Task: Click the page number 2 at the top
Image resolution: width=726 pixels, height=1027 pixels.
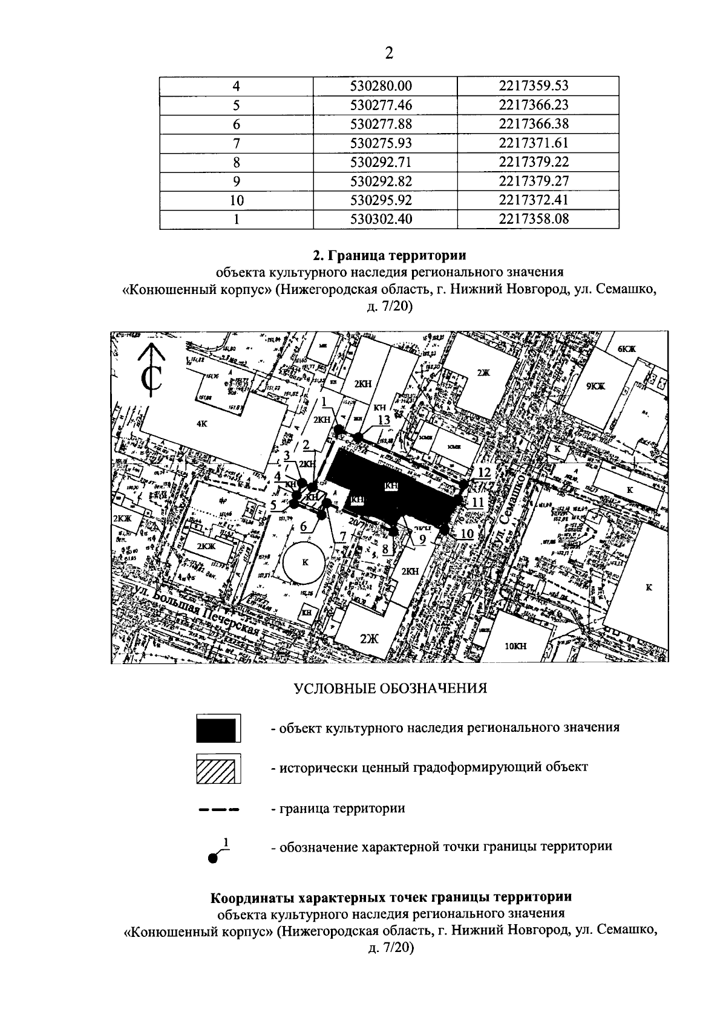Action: click(x=389, y=53)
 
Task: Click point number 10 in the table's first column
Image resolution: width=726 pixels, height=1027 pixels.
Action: click(x=237, y=200)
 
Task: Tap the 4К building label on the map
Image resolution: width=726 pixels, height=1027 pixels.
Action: click(x=202, y=424)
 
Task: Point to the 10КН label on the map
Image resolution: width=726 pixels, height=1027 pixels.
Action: click(x=515, y=646)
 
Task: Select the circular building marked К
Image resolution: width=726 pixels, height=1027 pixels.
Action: click(x=306, y=562)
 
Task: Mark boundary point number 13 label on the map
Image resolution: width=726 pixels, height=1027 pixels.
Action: click(x=383, y=420)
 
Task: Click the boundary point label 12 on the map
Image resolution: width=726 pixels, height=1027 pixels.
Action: click(x=483, y=472)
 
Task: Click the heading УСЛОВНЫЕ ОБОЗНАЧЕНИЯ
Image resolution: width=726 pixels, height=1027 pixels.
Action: click(x=390, y=689)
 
